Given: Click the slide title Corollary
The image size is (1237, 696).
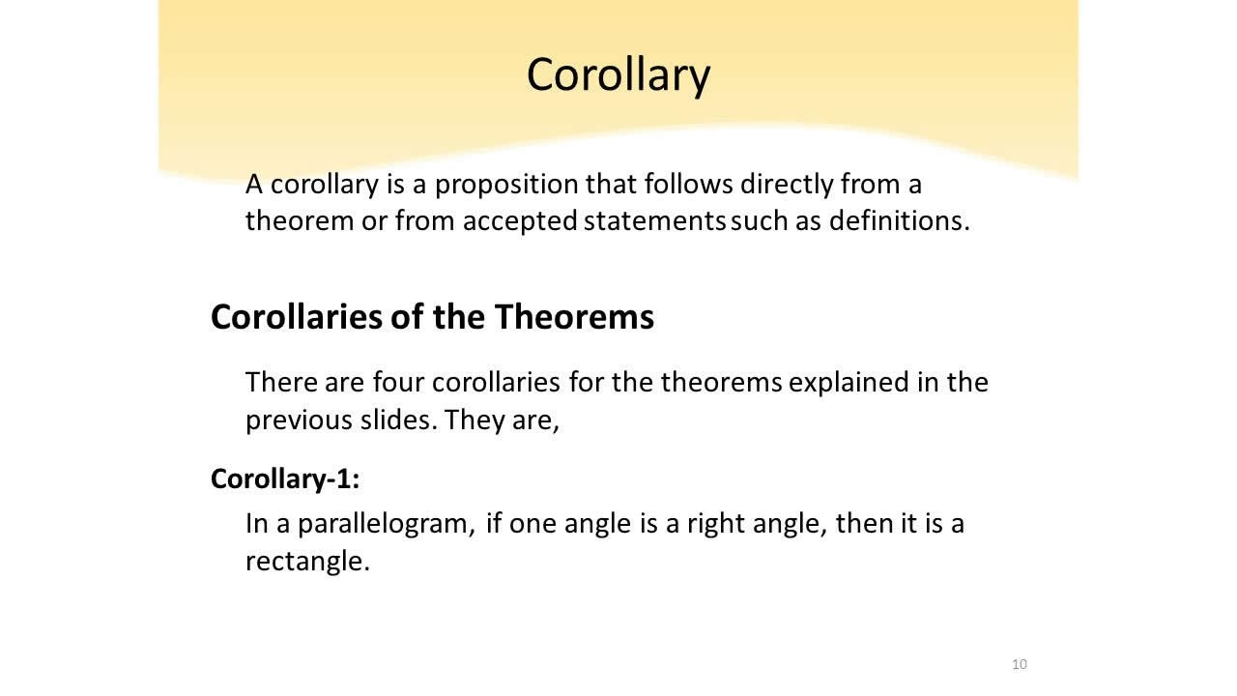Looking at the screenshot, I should point(618,74).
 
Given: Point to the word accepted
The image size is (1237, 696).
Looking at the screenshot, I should point(520,220).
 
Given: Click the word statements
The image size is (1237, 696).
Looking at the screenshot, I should point(654,220).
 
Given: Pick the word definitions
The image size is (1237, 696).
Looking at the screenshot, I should point(899,220).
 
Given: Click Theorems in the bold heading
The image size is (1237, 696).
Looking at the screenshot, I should point(574,317).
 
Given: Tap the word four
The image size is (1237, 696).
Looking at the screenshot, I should point(399,382).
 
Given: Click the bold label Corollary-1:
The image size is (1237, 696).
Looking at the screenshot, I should point(284,478).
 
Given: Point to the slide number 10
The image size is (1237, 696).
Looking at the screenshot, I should point(1020,664).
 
